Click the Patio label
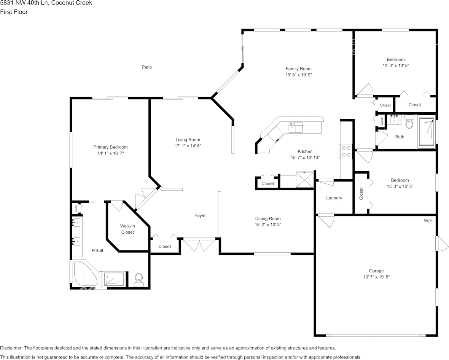coord(146,67)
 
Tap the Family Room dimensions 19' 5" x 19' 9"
coord(298,75)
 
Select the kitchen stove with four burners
coord(346,151)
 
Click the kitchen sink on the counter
coord(296,127)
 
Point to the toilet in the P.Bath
coord(139,280)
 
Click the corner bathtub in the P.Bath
coord(84,274)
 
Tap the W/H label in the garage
coord(428,221)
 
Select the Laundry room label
coord(334,198)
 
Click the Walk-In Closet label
coord(127,229)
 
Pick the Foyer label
coord(200,216)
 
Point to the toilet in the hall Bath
coord(409,122)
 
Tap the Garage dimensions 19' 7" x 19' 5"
coord(376,277)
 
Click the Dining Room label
coord(268,218)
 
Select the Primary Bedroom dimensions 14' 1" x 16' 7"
coord(110,153)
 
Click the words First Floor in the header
coord(14,12)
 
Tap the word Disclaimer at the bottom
coord(11,348)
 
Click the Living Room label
coord(188,140)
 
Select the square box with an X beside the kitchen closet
coord(304,179)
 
